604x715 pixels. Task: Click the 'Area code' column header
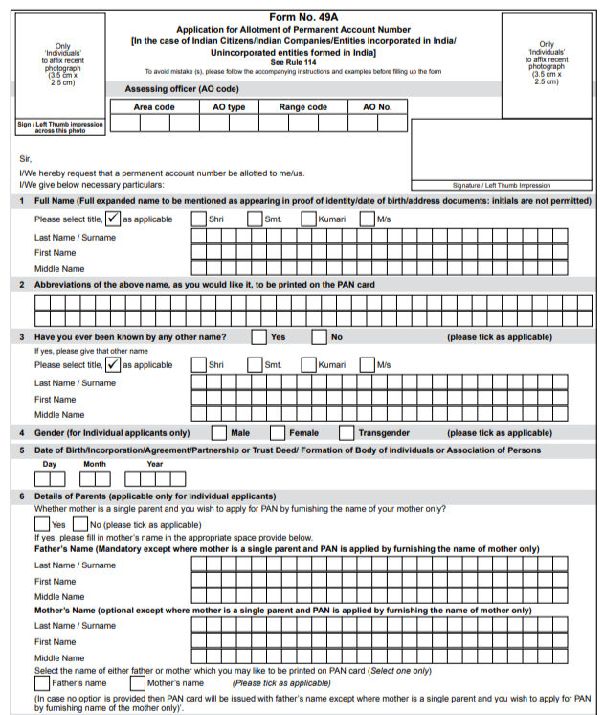[153, 107]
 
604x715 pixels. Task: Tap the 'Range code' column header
[302, 107]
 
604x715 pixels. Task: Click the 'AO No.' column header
[377, 107]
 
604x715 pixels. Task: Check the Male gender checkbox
[218, 432]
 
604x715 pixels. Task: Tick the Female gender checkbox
[278, 432]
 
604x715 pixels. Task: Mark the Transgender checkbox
[347, 432]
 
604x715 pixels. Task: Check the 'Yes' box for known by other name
[258, 337]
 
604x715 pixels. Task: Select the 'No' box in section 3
[319, 337]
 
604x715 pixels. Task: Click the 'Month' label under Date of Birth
[95, 464]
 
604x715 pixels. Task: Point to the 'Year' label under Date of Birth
[154, 464]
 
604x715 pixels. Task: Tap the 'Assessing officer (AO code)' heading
[181, 88]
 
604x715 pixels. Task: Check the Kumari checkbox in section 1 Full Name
[308, 219]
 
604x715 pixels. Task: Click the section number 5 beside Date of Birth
[21, 450]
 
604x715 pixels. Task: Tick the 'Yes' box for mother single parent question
[41, 524]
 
